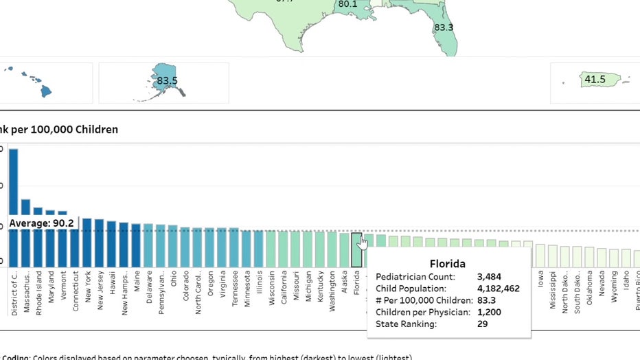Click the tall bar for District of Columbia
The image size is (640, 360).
(x=13, y=206)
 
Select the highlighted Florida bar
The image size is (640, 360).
(x=356, y=249)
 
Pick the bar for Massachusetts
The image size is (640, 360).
(x=25, y=233)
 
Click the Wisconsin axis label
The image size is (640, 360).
(x=271, y=293)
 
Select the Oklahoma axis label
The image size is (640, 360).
(x=590, y=293)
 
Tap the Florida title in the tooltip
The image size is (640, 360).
(x=448, y=263)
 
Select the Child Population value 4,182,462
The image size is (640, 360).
(x=498, y=289)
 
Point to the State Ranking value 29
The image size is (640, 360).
(x=482, y=324)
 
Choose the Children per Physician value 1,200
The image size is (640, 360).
(x=488, y=312)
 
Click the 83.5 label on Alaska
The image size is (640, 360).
(x=167, y=81)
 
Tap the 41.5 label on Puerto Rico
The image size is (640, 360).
(x=595, y=80)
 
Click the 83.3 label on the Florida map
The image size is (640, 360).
(x=444, y=28)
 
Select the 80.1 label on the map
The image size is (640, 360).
(x=347, y=4)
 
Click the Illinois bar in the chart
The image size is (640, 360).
(x=259, y=249)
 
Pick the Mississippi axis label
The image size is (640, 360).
(x=553, y=291)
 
